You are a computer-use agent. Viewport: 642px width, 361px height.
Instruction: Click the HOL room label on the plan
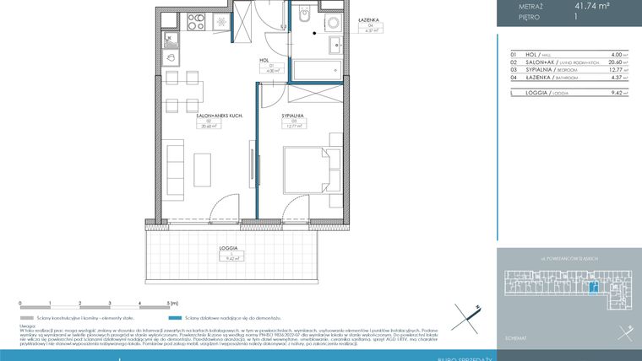[x=263, y=61]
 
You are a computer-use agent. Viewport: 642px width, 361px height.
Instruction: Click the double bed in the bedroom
[x=306, y=165]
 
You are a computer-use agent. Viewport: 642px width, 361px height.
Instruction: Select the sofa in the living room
[x=175, y=165]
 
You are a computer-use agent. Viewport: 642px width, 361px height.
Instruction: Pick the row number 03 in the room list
[x=513, y=70]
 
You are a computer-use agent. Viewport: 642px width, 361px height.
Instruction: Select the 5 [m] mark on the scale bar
[x=171, y=302]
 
